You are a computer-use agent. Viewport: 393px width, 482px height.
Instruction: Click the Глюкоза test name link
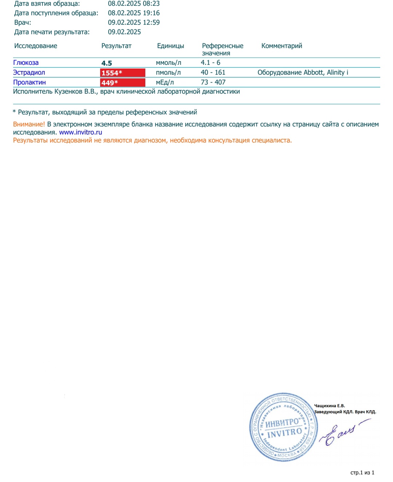coord(26,63)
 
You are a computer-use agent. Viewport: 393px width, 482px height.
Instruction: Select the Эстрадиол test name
coord(29,73)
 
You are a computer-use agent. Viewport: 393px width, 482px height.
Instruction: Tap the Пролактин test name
coord(30,82)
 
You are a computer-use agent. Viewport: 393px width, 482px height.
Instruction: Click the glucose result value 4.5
coord(107,63)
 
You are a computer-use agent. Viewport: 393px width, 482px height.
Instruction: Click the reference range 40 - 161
coord(213,73)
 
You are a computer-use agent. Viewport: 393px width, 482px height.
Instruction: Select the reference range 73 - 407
coord(213,82)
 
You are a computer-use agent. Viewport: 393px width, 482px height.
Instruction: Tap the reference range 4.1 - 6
coord(211,63)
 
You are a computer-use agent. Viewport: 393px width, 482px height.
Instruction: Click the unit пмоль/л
coord(168,73)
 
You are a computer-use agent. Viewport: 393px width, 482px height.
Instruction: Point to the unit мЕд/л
coord(165,82)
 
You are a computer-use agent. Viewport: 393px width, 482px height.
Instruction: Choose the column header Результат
coord(116,46)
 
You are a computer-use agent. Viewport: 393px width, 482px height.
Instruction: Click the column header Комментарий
coord(282,46)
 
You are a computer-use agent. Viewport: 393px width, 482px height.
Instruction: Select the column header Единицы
coord(170,46)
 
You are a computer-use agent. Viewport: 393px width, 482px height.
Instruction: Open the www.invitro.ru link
coord(80,132)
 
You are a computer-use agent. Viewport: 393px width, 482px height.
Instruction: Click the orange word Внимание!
coord(29,124)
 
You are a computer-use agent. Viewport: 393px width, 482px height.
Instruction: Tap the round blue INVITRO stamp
coord(284,427)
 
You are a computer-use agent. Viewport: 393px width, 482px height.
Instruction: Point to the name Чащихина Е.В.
coord(329,406)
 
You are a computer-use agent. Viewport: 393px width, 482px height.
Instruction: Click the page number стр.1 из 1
coord(362,473)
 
